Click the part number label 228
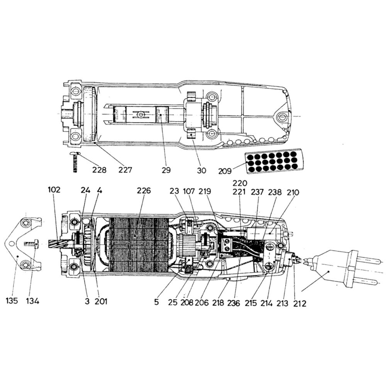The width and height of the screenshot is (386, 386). (x=100, y=170)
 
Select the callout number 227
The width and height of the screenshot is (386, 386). (x=125, y=170)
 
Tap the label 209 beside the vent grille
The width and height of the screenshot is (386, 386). (x=225, y=171)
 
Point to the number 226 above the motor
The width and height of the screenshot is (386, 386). (x=144, y=191)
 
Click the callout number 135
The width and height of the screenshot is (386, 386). (x=12, y=301)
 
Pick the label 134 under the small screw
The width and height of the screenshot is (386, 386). (x=33, y=301)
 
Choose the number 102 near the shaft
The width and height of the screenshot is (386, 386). (x=54, y=190)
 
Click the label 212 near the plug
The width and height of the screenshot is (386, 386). (x=300, y=303)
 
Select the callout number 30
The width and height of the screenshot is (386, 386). (x=201, y=170)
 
